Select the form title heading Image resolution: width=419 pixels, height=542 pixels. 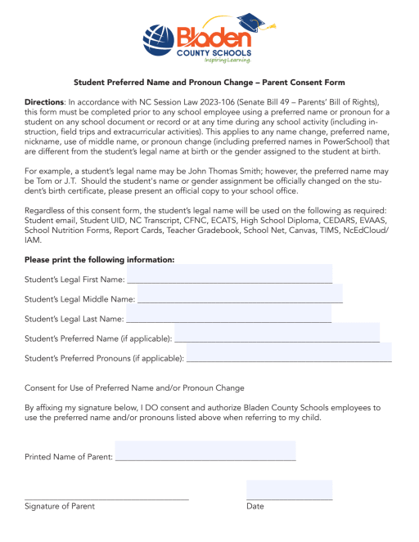click(x=209, y=83)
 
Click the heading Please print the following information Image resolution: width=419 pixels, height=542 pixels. click(x=100, y=259)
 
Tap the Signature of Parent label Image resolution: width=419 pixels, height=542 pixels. click(x=59, y=507)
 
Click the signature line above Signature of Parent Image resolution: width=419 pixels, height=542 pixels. click(x=106, y=498)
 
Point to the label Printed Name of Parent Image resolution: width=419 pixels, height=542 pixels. click(x=69, y=456)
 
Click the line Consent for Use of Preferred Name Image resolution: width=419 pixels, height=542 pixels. click(x=134, y=387)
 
